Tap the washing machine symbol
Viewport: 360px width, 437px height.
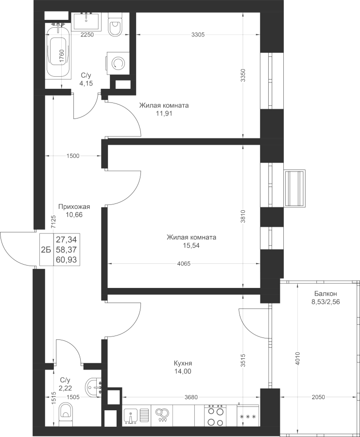117,64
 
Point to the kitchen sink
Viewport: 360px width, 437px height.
130,416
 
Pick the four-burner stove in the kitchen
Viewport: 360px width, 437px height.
214,416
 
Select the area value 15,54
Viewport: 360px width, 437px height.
191,246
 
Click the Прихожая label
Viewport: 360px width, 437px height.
74,207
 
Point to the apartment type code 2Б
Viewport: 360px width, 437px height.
46,250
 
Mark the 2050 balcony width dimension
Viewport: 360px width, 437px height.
319,397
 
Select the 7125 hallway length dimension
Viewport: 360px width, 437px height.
53,223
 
